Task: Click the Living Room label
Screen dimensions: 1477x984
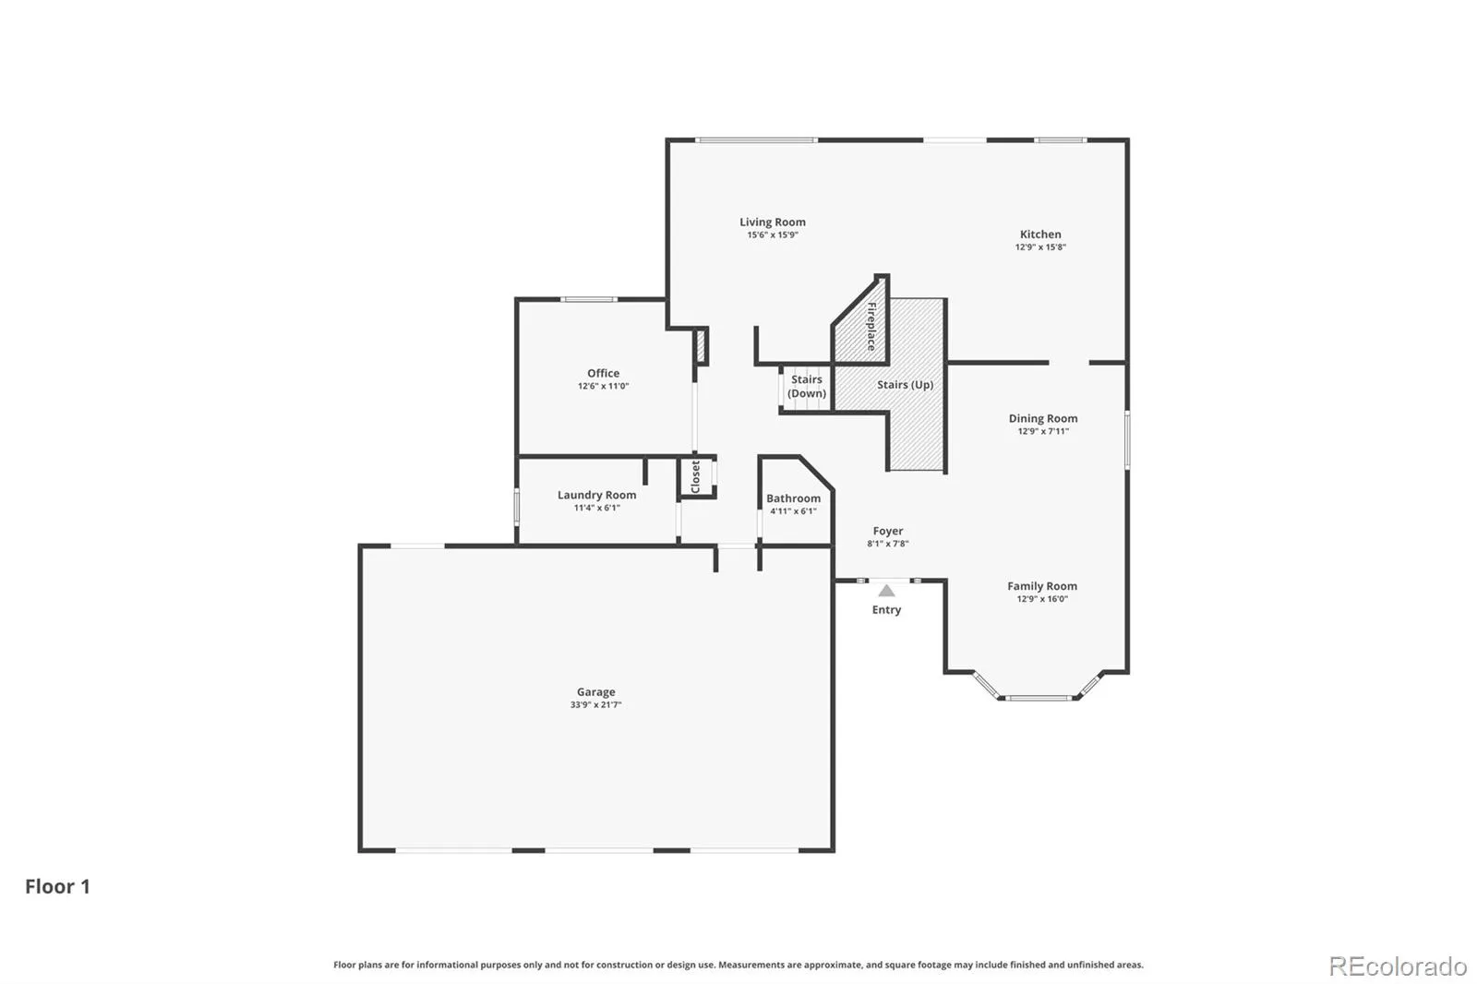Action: [x=772, y=222]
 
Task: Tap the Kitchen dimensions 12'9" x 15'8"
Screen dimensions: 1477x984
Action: [x=1040, y=247]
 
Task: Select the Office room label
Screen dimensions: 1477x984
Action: [x=604, y=373]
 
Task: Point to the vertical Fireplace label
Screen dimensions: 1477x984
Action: [x=871, y=326]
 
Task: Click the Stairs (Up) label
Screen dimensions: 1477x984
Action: [x=906, y=385]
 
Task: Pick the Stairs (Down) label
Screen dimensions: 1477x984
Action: [x=807, y=387]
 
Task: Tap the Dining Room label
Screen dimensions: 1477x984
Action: [x=1043, y=418]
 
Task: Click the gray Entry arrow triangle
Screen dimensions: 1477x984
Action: [x=887, y=590]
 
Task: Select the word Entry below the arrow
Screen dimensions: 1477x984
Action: [x=886, y=609]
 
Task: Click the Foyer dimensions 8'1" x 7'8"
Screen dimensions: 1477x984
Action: [x=887, y=544]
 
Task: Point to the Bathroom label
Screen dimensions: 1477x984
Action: [x=793, y=498]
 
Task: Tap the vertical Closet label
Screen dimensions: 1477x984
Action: [x=696, y=477]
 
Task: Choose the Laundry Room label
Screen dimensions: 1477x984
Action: [x=596, y=495]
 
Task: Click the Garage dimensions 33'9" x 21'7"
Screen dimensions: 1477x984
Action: [x=596, y=705]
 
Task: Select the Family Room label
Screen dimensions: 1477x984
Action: [x=1042, y=585]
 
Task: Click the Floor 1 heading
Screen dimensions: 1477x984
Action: [x=57, y=886]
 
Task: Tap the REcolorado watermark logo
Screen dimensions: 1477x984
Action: [x=1398, y=966]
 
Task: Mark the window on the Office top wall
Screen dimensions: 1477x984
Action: [x=589, y=299]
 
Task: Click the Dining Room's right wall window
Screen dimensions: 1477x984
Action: [x=1127, y=440]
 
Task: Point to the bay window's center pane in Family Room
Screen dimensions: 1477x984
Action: [x=1039, y=697]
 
